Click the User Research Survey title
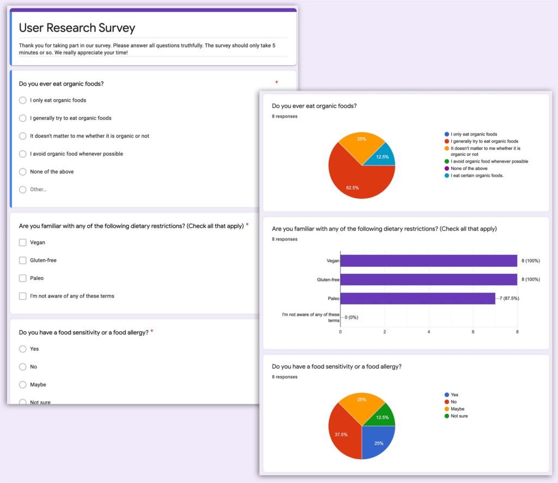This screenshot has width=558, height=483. pyautogui.click(x=77, y=28)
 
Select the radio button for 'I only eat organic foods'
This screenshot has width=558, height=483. pyautogui.click(x=22, y=100)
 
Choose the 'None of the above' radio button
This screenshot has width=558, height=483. pyautogui.click(x=22, y=172)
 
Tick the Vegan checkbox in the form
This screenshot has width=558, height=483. pyautogui.click(x=22, y=242)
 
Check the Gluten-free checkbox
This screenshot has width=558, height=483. pyautogui.click(x=22, y=260)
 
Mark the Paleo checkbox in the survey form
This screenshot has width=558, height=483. pyautogui.click(x=22, y=278)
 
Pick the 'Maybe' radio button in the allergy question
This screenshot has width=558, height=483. pyautogui.click(x=22, y=384)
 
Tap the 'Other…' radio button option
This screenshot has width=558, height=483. pyautogui.click(x=22, y=189)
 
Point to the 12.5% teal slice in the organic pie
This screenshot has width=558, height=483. pyautogui.click(x=383, y=156)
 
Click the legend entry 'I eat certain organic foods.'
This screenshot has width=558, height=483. pyautogui.click(x=477, y=175)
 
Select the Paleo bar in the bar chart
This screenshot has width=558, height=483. pyautogui.click(x=417, y=298)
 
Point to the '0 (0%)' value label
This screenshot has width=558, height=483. pyautogui.click(x=351, y=317)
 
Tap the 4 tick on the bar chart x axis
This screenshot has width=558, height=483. pyautogui.click(x=429, y=332)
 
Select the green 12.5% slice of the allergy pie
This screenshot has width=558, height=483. pyautogui.click(x=383, y=416)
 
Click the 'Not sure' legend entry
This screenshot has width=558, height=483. pyautogui.click(x=459, y=416)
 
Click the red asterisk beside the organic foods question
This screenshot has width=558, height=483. pyautogui.click(x=276, y=83)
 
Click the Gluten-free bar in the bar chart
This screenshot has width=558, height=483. pyautogui.click(x=428, y=279)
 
